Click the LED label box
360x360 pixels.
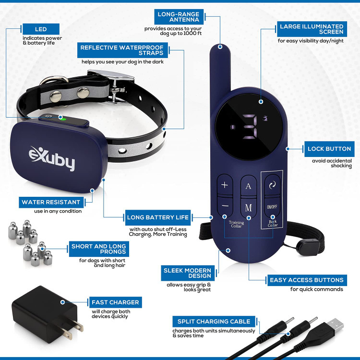point(41,29)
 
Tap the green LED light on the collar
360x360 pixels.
point(63,119)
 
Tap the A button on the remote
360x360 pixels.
point(248,186)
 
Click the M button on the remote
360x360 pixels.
point(248,207)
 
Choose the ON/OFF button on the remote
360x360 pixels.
point(272,207)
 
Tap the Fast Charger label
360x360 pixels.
point(115,302)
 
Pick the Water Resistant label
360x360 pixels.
point(50,202)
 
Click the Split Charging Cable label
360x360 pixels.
point(214,322)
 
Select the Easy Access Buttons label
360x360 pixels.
point(313,280)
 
